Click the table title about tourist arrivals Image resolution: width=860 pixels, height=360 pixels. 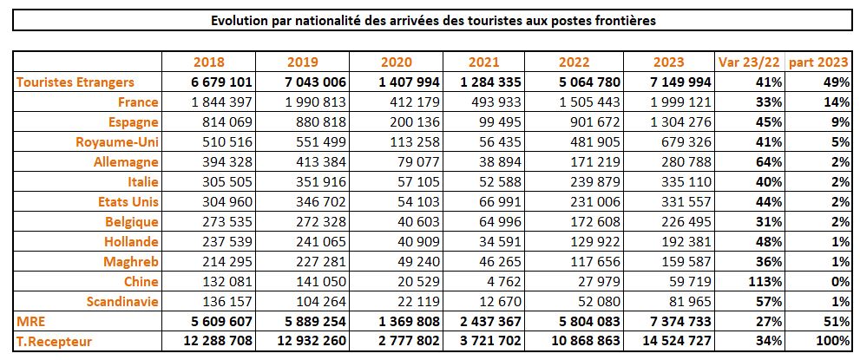pos(433,20)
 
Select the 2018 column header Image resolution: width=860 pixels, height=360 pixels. pos(209,62)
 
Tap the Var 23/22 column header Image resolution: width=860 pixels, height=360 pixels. pos(751,62)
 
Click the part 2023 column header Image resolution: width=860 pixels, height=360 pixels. pos(820,62)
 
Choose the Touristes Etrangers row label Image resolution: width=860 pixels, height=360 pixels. pos(76,82)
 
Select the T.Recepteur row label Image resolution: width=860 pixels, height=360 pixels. pos(54,341)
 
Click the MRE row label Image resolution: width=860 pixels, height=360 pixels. pos(30,321)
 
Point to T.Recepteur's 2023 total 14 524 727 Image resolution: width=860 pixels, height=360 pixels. pos(669,341)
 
